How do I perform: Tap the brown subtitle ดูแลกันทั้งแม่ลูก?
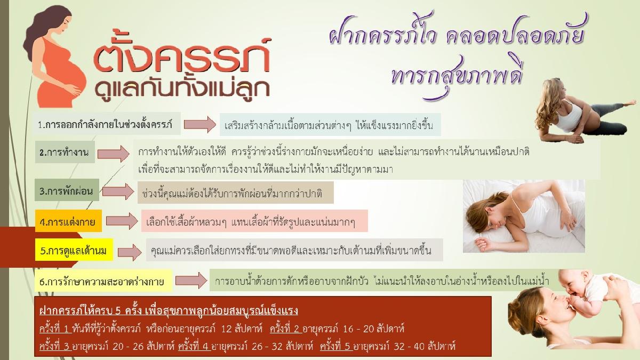coord(182,89)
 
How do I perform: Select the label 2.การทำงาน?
coord(65,152)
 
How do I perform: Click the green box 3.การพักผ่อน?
coord(67,190)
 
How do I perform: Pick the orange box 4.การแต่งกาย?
coord(68,221)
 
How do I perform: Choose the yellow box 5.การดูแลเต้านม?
coord(74,250)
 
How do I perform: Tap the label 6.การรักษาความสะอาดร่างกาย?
coord(103,281)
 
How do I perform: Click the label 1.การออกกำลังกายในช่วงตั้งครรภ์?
coord(107,124)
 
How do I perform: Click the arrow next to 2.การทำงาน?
coord(114,154)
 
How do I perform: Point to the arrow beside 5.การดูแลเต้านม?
coord(130,252)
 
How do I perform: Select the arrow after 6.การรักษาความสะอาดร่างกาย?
coord(191,281)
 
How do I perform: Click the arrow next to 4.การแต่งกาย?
coord(122,221)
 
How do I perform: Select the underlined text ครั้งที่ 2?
coord(286,329)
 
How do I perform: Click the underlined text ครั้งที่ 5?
coord(336,346)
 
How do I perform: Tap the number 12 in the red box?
coord(226,329)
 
